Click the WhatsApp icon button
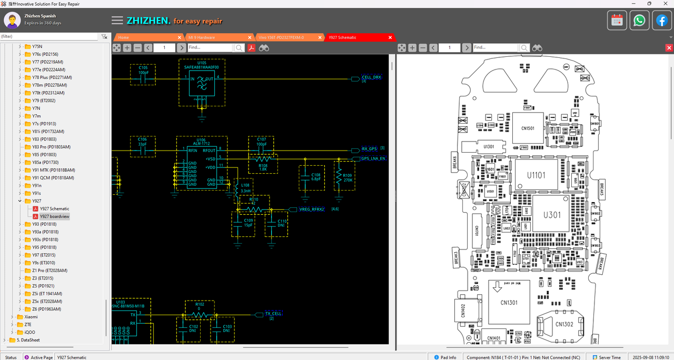(x=639, y=21)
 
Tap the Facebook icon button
(x=661, y=21)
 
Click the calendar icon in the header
(x=617, y=21)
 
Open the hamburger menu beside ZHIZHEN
(x=117, y=21)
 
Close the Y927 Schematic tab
(x=390, y=37)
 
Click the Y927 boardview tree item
(x=54, y=216)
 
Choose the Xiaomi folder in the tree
(x=31, y=317)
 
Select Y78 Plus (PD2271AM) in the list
(x=52, y=77)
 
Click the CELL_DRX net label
(x=371, y=77)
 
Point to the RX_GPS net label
(x=369, y=149)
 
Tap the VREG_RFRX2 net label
(x=312, y=209)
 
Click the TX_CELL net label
(x=273, y=314)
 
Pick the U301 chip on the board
(x=552, y=215)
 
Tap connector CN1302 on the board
(x=563, y=325)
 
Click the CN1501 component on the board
(x=528, y=128)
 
